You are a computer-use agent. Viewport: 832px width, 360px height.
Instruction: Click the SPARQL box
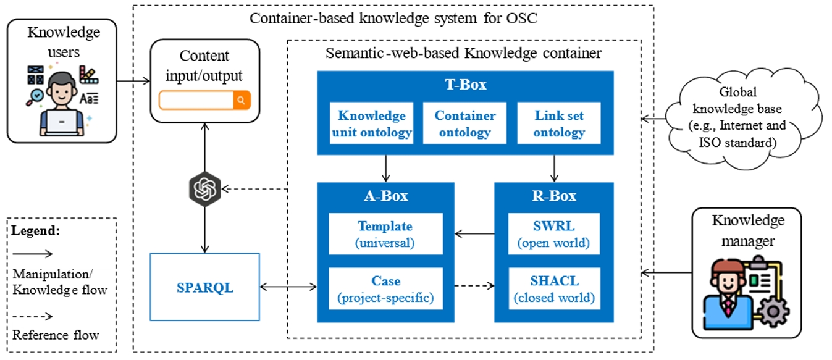[x=204, y=287]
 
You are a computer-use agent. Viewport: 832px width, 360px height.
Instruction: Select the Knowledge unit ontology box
[x=372, y=123]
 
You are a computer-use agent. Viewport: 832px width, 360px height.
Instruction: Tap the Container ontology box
[x=465, y=123]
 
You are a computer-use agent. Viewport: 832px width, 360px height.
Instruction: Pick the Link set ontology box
[x=558, y=123]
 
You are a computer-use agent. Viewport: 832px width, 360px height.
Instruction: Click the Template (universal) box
[x=385, y=234]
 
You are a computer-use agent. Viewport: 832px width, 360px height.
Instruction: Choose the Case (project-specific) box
[x=385, y=289]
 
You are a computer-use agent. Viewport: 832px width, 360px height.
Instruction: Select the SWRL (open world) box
[x=553, y=234]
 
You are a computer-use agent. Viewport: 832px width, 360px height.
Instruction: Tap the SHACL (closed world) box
[x=553, y=289]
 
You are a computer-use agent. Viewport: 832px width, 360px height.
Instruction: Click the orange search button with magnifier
[x=242, y=100]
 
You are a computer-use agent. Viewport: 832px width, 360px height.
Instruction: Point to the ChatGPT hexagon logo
[x=204, y=189]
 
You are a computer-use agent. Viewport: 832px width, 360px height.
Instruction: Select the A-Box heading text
[x=385, y=196]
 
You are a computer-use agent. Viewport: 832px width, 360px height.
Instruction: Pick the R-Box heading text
[x=553, y=196]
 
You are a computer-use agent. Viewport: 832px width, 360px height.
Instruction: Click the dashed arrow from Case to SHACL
[x=474, y=286]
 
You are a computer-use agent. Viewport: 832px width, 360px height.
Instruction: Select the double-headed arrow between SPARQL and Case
[x=288, y=287]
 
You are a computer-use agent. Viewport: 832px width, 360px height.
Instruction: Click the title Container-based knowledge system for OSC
[x=393, y=18]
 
